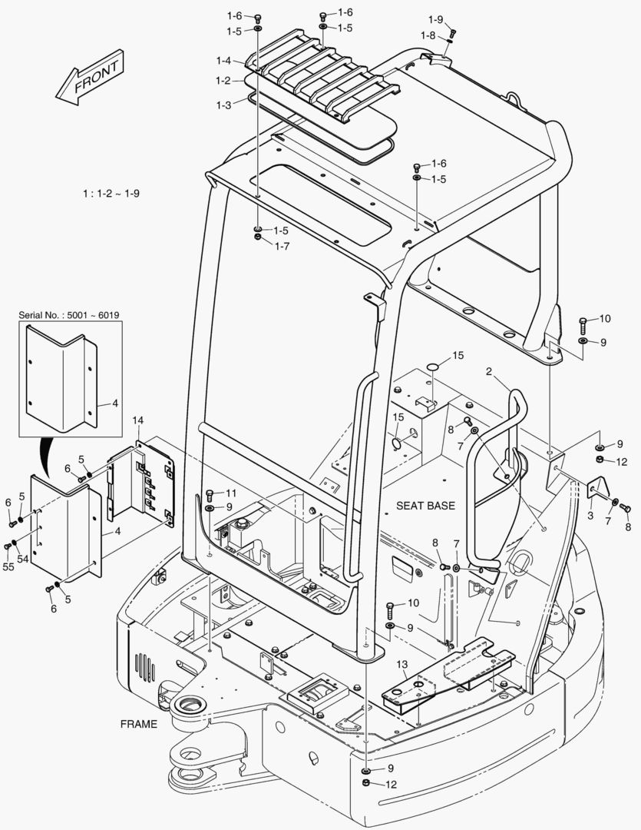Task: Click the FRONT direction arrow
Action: (x=89, y=78)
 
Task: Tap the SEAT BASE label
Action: (x=425, y=506)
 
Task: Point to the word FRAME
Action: (x=139, y=724)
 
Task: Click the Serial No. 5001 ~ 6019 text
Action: (x=70, y=315)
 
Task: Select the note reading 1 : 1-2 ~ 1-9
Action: (x=111, y=194)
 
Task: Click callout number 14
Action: (x=138, y=420)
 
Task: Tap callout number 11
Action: (x=231, y=493)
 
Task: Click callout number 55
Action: (x=8, y=566)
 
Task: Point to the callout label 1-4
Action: (x=223, y=61)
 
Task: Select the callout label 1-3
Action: (x=223, y=104)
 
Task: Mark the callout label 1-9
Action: (x=435, y=19)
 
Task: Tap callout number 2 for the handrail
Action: (x=488, y=372)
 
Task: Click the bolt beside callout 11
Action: (x=210, y=493)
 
